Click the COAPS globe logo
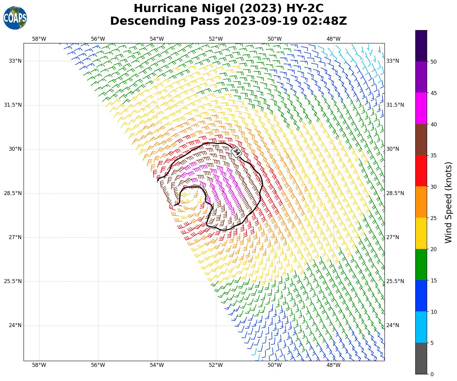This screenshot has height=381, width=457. (x=15, y=18)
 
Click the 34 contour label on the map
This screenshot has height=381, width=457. (x=237, y=152)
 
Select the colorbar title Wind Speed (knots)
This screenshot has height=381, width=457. (x=449, y=202)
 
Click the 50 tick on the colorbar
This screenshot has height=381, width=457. (x=433, y=62)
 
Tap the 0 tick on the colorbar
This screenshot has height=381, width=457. (x=432, y=374)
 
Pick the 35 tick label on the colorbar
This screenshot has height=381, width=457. (x=433, y=156)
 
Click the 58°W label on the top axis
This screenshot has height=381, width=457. (x=39, y=39)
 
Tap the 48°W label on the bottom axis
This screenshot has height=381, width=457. (x=333, y=365)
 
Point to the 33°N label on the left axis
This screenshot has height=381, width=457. (x=15, y=61)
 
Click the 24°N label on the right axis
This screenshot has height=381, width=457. (x=393, y=325)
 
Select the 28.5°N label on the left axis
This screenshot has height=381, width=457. (x=13, y=193)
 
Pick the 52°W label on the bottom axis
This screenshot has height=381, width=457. (x=216, y=365)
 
